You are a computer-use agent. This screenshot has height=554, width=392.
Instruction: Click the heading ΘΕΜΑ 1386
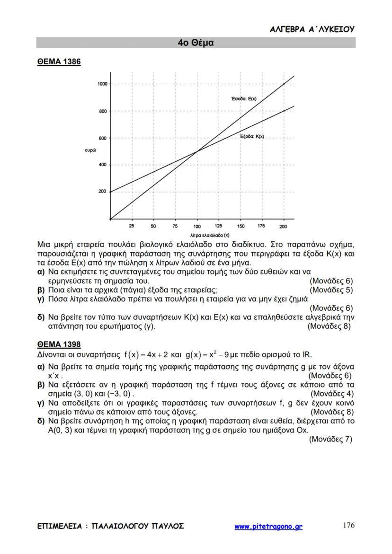pyautogui.click(x=59, y=62)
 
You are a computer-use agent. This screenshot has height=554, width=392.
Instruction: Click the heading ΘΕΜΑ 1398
pyautogui.click(x=59, y=344)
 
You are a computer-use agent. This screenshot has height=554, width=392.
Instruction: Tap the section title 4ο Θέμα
pyautogui.click(x=196, y=43)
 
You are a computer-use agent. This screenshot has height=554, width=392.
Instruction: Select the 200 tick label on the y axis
pyautogui.click(x=102, y=192)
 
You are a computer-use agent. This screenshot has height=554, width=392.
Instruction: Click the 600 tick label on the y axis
pyautogui.click(x=102, y=138)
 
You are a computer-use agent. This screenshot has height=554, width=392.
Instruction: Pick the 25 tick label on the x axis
pyautogui.click(x=132, y=226)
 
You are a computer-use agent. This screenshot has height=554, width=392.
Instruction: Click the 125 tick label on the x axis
pyautogui.click(x=219, y=226)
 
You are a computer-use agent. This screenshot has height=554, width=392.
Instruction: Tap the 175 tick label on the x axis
pyautogui.click(x=262, y=226)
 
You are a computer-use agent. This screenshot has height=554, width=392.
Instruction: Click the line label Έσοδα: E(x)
pyautogui.click(x=243, y=99)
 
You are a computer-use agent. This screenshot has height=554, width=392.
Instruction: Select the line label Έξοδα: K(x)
pyautogui.click(x=252, y=136)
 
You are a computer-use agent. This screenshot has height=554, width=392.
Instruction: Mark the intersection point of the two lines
pyautogui.click(x=197, y=151)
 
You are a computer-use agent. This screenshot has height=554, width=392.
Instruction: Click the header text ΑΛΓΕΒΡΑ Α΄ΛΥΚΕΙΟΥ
pyautogui.click(x=312, y=29)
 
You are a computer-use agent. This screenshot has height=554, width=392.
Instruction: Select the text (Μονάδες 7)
pyautogui.click(x=330, y=439)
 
